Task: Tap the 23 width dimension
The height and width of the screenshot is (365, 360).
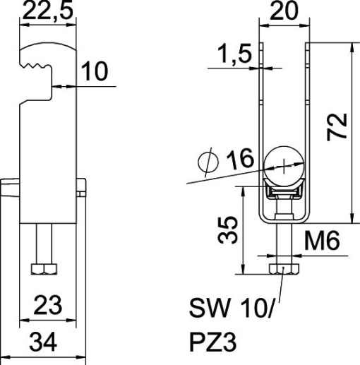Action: pyautogui.click(x=46, y=307)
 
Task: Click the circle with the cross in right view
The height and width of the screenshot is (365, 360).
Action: pyautogui.click(x=284, y=165)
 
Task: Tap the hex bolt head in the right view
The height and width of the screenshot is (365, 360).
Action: pyautogui.click(x=283, y=268)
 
